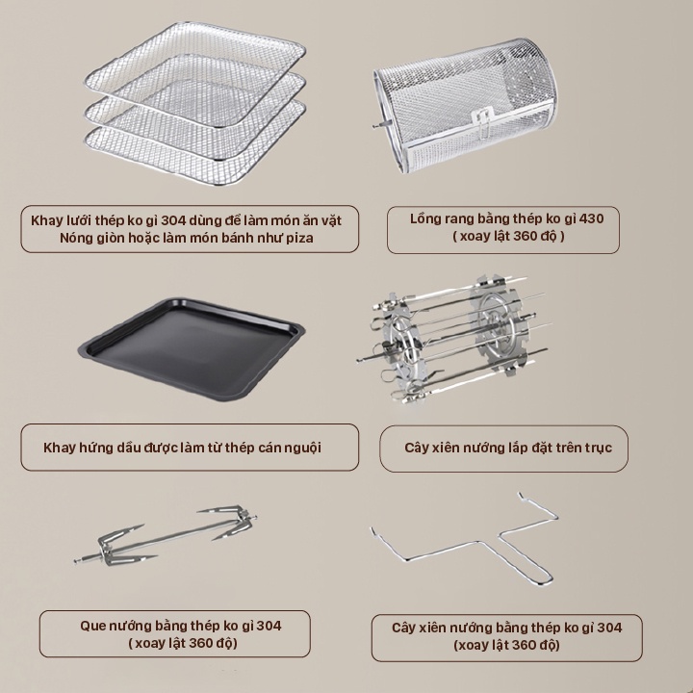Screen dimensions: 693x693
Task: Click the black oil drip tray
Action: (192, 348)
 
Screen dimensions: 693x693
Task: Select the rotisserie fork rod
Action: (166, 536)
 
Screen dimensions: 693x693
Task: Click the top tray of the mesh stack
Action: (194, 73)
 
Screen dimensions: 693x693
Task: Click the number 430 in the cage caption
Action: (591, 218)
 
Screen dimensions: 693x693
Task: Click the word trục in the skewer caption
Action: (599, 449)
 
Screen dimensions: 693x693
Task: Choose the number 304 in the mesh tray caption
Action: (173, 220)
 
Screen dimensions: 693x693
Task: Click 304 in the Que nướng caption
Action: (269, 626)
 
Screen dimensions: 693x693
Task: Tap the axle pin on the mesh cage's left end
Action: (379, 125)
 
